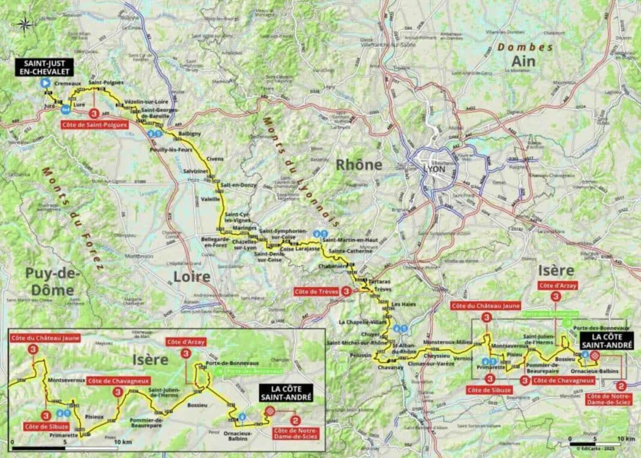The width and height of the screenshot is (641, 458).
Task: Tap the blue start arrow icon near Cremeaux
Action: pyautogui.click(x=44, y=84)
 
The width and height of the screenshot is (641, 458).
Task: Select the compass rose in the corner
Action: pyautogui.click(x=25, y=24)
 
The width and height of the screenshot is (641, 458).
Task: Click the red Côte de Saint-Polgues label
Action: pyautogui.click(x=94, y=125)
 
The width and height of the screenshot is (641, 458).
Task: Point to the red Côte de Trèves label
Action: pyautogui.click(x=316, y=292)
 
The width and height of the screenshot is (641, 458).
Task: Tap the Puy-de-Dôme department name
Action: pyautogui.click(x=50, y=281)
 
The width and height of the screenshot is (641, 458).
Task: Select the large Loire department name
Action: pyautogui.click(x=192, y=276)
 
